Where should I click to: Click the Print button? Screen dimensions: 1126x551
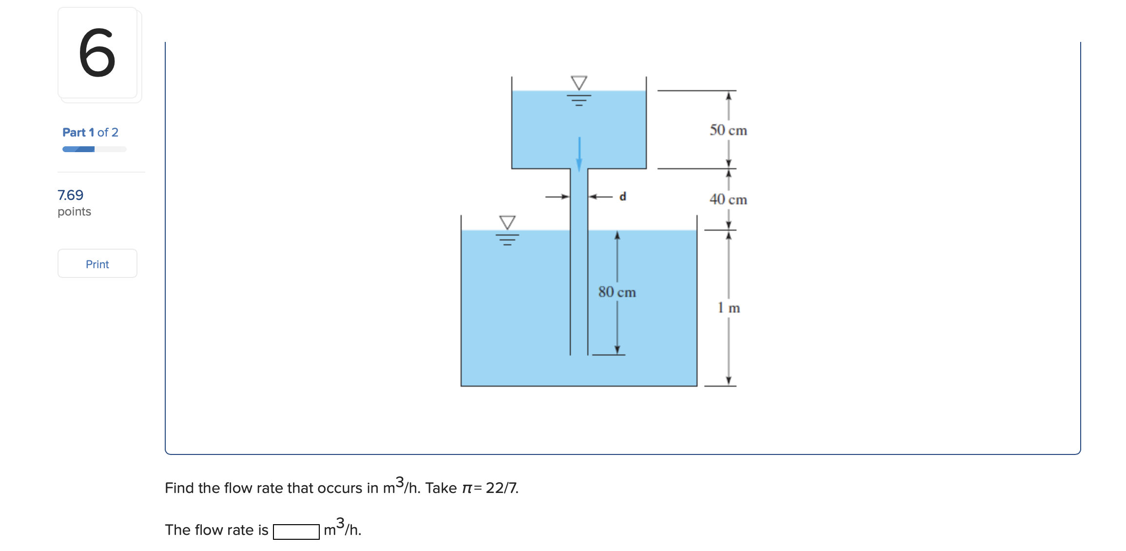click(97, 264)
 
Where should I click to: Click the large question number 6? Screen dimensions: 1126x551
click(97, 53)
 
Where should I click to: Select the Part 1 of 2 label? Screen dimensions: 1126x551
click(90, 132)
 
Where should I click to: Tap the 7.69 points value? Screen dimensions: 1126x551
click(70, 195)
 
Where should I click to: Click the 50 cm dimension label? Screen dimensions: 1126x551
click(728, 130)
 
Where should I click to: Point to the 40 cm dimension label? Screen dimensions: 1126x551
click(728, 199)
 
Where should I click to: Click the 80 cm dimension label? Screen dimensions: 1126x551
click(617, 292)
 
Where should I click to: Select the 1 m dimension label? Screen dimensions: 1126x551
click(728, 308)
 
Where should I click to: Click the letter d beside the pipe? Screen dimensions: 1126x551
click(622, 197)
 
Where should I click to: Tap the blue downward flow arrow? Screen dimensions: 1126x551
click(579, 155)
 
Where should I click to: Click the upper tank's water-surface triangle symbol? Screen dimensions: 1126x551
click(579, 83)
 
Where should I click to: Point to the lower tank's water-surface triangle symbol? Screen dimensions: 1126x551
click(507, 222)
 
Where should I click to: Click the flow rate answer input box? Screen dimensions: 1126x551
click(296, 531)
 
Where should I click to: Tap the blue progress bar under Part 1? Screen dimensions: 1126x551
click(78, 149)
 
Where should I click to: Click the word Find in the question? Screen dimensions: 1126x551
click(179, 488)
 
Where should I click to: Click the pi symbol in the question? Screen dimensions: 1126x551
click(467, 489)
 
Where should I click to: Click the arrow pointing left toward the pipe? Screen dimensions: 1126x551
click(601, 197)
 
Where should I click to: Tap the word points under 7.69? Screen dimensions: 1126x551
click(74, 212)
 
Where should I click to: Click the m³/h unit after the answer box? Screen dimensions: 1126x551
click(342, 528)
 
